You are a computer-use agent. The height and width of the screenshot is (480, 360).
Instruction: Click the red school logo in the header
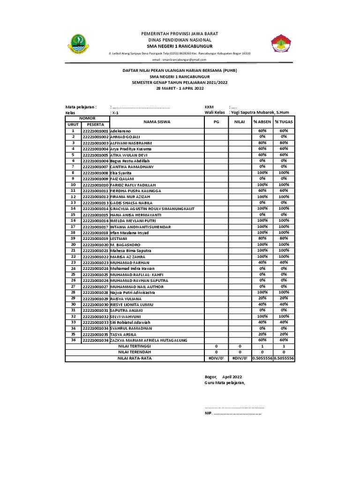point(281,45)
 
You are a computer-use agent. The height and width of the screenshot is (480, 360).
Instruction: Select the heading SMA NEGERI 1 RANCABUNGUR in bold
point(180,47)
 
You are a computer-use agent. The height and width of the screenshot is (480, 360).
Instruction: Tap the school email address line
point(180,60)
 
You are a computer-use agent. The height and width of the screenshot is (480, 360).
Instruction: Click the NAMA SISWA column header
point(157,122)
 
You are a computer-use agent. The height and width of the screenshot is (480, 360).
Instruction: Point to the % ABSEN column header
point(262,122)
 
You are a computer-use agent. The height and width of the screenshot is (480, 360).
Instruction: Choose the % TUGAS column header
point(284,122)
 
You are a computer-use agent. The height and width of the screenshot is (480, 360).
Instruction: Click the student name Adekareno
point(120,131)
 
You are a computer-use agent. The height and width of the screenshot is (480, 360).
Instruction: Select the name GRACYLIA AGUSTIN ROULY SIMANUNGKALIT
point(152,209)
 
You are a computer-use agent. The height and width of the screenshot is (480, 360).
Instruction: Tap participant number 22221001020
point(95,245)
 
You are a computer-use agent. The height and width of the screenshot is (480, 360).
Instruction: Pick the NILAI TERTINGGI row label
point(134,346)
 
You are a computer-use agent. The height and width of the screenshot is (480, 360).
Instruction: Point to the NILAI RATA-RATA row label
point(134,358)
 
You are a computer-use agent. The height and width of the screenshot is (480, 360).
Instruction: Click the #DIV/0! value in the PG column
point(216,358)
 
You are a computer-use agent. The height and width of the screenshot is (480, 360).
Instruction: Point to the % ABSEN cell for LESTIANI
point(262,239)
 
